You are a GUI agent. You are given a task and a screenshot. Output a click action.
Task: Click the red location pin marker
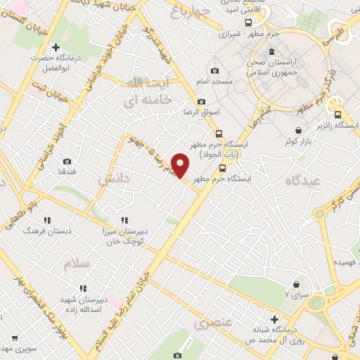(181, 165)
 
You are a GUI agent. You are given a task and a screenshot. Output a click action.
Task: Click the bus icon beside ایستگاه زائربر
(337, 115)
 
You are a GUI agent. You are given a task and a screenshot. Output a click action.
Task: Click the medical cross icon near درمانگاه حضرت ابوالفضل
(65, 46)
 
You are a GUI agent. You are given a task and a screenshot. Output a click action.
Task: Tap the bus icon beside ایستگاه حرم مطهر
(222, 167)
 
